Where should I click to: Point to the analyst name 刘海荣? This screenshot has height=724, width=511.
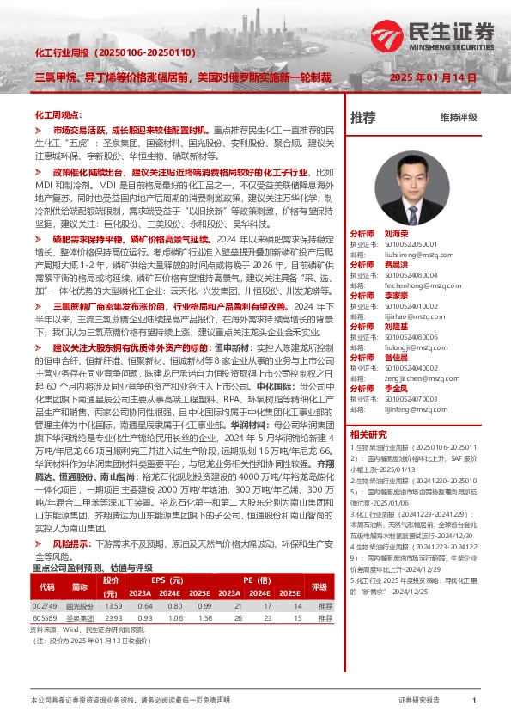tap(396, 234)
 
